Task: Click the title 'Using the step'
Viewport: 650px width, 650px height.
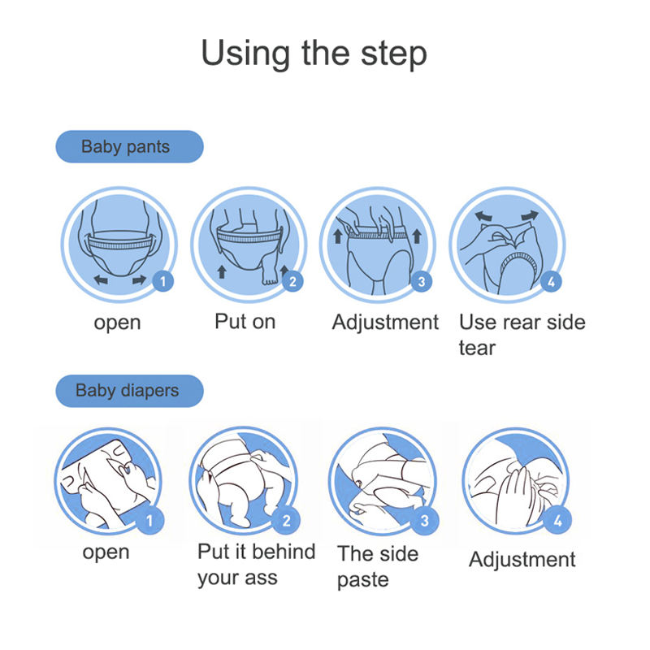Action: tap(314, 54)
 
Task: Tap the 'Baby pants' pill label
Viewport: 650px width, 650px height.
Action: tap(129, 146)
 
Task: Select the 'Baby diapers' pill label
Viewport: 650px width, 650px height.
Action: tap(129, 391)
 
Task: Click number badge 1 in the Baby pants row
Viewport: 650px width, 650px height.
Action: tap(163, 281)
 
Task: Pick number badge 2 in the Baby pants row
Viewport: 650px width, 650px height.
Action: tap(292, 281)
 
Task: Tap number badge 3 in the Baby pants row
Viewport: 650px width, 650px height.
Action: tap(422, 281)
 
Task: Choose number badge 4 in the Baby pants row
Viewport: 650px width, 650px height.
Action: tap(551, 281)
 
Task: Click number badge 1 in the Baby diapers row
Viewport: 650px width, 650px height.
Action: tap(149, 520)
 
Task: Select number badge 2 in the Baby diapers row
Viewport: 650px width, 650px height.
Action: tap(286, 520)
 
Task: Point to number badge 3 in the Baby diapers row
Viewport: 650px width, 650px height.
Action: tap(424, 520)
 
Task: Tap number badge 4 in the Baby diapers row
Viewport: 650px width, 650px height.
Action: tap(558, 520)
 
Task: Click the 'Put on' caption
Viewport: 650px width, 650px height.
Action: tap(245, 321)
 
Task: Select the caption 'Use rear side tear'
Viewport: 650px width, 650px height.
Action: tap(522, 335)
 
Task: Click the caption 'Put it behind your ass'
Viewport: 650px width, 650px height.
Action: tap(256, 565)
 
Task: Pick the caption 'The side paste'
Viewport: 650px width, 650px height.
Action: tap(378, 566)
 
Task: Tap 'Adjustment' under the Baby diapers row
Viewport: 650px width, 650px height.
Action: tap(522, 560)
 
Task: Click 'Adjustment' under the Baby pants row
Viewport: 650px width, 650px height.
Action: tap(385, 323)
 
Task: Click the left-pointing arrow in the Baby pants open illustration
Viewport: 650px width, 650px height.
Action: tap(101, 279)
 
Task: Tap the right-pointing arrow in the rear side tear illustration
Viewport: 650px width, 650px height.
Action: tap(530, 215)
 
